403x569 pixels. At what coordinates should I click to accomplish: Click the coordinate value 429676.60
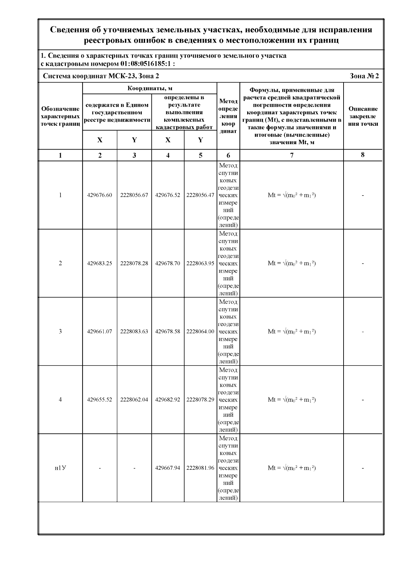[x=99, y=195]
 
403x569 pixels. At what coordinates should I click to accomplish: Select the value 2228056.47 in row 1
[x=200, y=195]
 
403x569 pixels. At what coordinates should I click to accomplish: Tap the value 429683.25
[x=99, y=263]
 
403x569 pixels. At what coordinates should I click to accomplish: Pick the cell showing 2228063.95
[x=200, y=263]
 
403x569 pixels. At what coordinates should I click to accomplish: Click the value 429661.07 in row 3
[x=99, y=332]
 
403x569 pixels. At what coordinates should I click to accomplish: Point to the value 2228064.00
[x=200, y=332]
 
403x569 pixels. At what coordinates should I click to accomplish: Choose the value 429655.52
[x=99, y=400]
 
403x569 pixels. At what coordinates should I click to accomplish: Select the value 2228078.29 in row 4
[x=200, y=400]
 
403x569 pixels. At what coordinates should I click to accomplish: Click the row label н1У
[x=60, y=468]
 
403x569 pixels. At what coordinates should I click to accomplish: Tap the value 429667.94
[x=168, y=468]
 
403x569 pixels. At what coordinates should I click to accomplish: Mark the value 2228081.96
[x=200, y=468]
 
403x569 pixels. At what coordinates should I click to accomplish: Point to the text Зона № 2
[x=364, y=76]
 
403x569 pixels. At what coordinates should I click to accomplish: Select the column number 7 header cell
[x=292, y=155]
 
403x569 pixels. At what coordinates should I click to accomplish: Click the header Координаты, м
[x=150, y=89]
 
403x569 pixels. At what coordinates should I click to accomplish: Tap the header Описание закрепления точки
[x=363, y=116]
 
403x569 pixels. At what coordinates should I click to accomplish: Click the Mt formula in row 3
[x=292, y=332]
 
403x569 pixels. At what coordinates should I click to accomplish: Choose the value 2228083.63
[x=134, y=332]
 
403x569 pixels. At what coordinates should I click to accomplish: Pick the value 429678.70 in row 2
[x=168, y=263]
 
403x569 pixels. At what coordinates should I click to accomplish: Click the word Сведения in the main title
[x=70, y=30]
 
